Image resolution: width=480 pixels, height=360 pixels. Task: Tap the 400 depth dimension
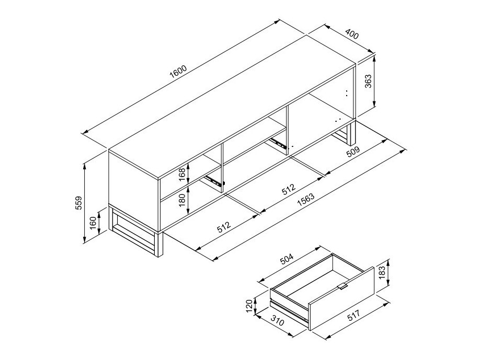click(x=352, y=36)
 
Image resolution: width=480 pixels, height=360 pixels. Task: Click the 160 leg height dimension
click(x=93, y=223)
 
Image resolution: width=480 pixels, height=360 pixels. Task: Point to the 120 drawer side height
click(x=249, y=305)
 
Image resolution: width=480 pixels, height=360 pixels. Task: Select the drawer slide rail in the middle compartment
click(x=278, y=142)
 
